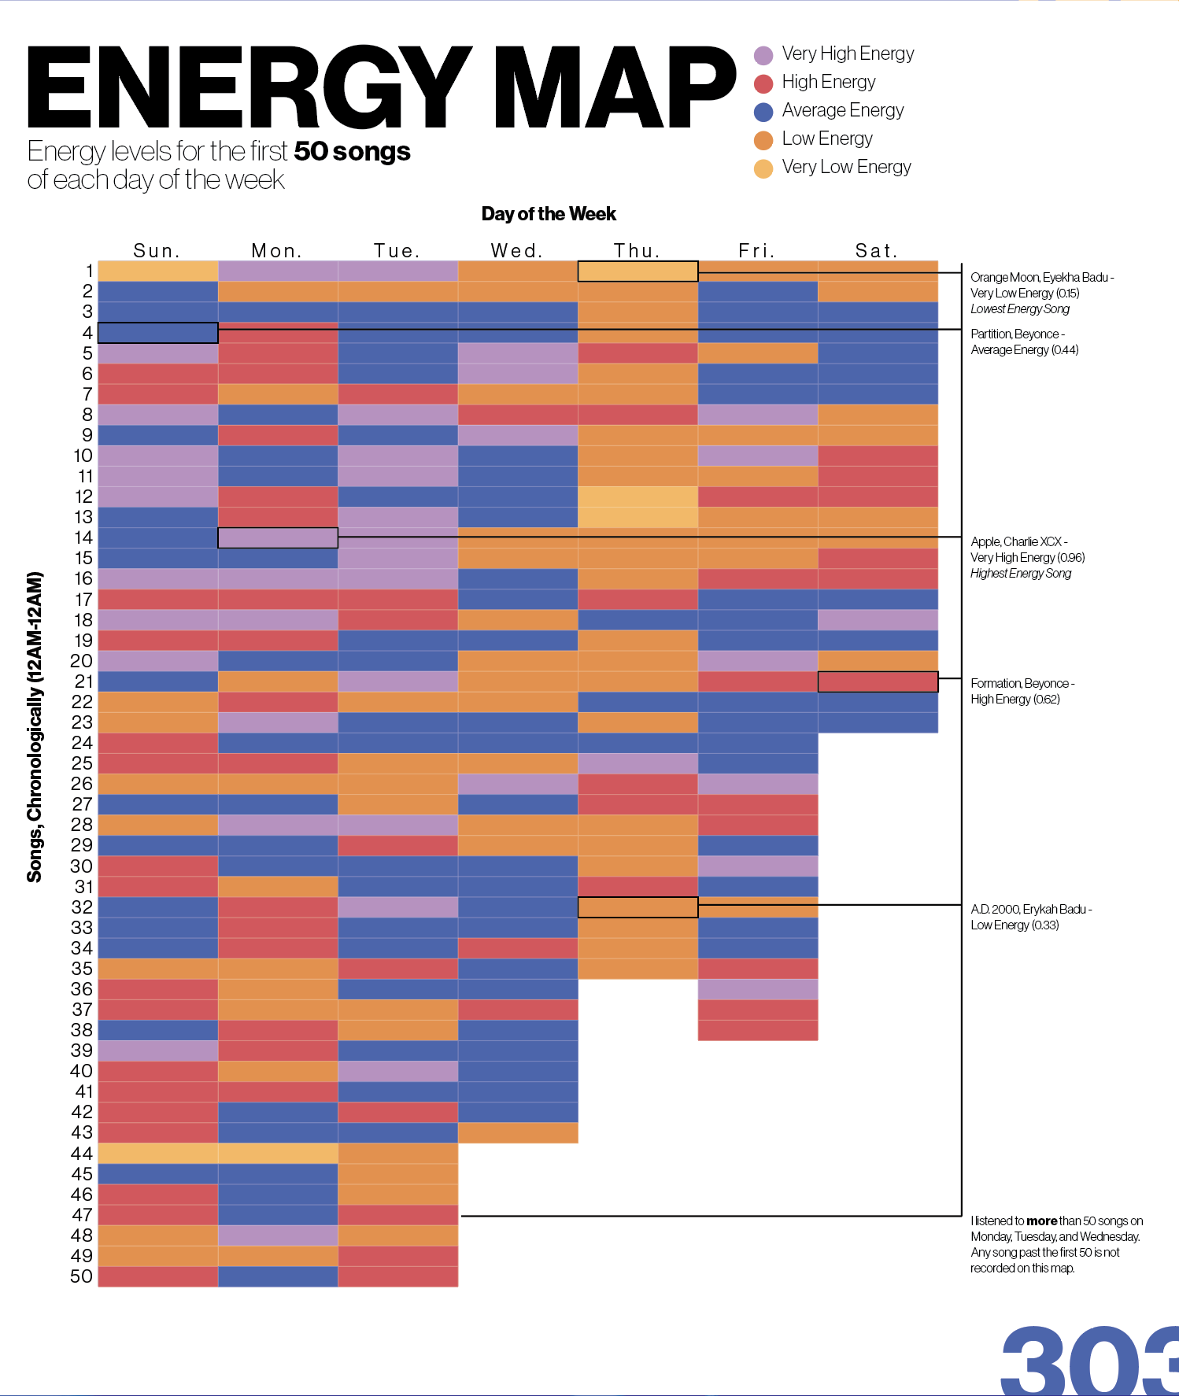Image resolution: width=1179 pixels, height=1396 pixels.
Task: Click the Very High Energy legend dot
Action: [763, 55]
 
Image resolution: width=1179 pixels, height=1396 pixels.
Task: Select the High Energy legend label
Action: [828, 82]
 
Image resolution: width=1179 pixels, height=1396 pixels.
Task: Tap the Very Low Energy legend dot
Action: [763, 168]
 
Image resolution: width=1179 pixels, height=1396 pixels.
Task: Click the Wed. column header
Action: [516, 251]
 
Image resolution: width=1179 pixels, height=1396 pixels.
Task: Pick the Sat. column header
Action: [876, 251]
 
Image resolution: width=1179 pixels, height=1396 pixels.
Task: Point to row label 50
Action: [81, 1276]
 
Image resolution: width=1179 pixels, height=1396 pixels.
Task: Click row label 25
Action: [82, 763]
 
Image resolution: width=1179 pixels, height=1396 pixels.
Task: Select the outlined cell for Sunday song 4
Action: [158, 333]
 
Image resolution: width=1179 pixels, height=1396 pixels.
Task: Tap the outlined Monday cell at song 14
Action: [278, 537]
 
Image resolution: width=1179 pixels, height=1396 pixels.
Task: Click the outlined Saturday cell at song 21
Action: [878, 681]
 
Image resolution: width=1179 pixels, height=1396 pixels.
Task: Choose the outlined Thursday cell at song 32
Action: [638, 907]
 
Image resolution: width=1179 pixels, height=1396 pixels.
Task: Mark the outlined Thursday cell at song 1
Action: [638, 271]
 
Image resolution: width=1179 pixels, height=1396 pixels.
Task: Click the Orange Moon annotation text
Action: [1040, 293]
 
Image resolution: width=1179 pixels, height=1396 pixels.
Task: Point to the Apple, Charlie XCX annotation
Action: [1026, 557]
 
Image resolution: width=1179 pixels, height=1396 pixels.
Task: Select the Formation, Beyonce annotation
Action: [1022, 691]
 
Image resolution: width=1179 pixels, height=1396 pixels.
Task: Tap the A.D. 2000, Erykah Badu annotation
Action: [1030, 917]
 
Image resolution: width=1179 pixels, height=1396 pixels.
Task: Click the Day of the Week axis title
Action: [549, 214]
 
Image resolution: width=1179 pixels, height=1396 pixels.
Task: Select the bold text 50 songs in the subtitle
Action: [352, 151]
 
